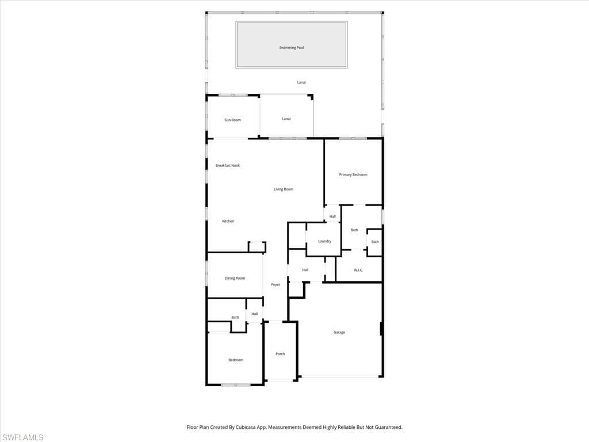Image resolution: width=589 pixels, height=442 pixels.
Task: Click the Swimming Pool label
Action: [x=291, y=48]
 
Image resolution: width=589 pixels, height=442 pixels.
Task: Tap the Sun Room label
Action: [x=232, y=120]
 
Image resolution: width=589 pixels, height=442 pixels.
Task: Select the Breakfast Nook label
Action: [x=228, y=166]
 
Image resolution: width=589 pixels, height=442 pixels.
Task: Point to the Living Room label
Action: [x=284, y=189]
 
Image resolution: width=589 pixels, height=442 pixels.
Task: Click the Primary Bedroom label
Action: [x=353, y=174]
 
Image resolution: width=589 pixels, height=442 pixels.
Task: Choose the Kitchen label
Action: [x=228, y=221]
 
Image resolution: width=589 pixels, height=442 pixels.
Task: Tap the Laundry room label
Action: [x=324, y=241]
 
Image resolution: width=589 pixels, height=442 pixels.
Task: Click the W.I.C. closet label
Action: [x=358, y=270]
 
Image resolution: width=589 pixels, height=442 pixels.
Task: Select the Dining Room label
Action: [x=235, y=278]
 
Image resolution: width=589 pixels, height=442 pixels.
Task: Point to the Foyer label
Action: [x=276, y=284]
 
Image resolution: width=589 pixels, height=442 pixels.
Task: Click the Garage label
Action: [x=339, y=332]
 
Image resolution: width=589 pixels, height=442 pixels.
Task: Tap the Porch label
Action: [x=280, y=354]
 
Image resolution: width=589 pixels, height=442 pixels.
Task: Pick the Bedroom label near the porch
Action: [x=236, y=360]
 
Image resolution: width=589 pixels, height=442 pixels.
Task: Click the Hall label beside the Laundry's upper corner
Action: [x=332, y=216]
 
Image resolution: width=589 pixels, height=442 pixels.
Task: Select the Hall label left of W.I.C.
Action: [x=305, y=270]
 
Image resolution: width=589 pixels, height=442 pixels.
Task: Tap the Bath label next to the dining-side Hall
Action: [x=235, y=317]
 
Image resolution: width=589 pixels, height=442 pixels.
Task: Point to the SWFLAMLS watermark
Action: [x=23, y=437]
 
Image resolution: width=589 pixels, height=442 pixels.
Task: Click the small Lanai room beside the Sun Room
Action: [x=286, y=119]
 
